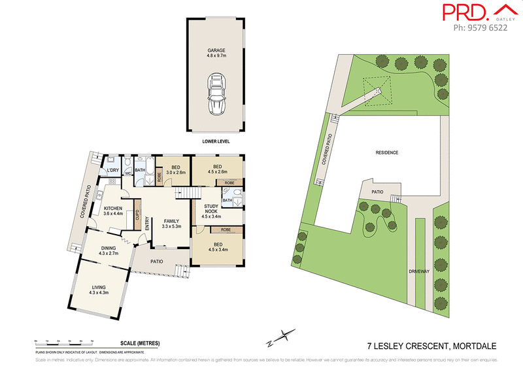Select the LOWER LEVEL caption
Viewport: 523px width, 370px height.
pos(216,141)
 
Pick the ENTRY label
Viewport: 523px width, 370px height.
pos(147,223)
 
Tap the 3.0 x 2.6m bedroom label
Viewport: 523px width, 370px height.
pos(175,170)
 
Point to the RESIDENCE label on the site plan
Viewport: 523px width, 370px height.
pos(386,152)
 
